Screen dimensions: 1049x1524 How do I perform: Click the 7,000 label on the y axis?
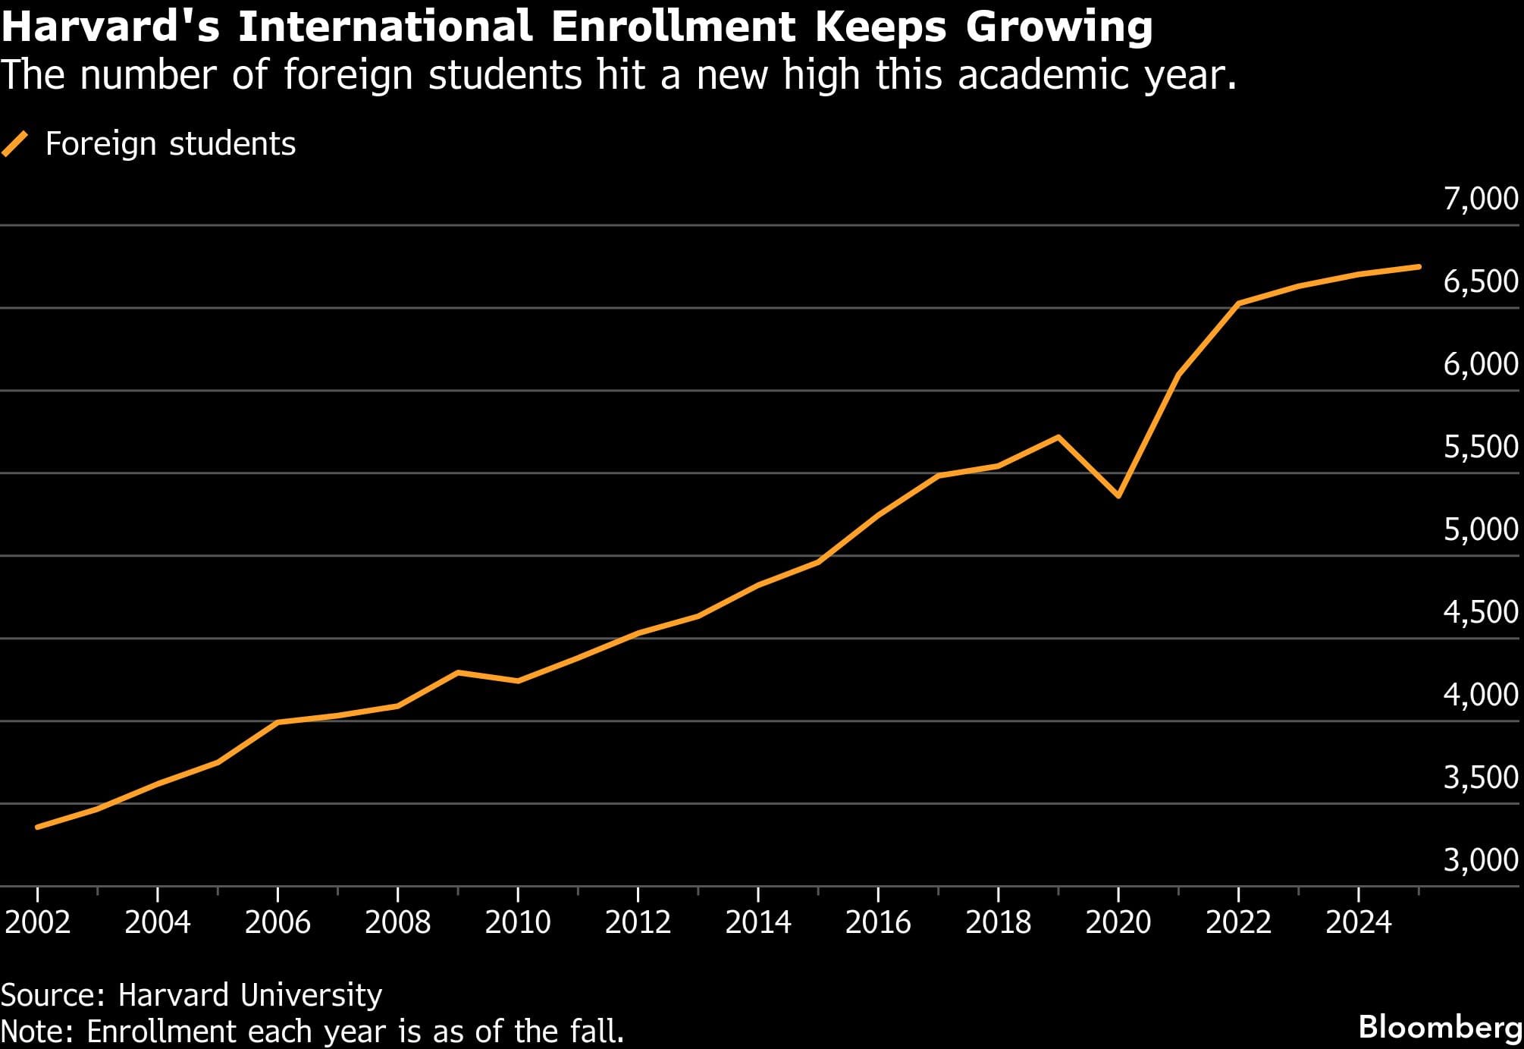(x=1481, y=199)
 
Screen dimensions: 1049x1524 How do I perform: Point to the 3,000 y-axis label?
(x=1481, y=860)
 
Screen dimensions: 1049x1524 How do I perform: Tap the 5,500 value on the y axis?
(x=1481, y=447)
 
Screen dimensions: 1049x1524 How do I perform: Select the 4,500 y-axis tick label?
(x=1481, y=612)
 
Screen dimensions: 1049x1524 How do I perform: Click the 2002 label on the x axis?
(x=37, y=922)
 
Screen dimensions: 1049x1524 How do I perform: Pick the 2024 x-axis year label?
(x=1358, y=922)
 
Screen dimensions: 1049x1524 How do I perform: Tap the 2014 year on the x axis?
(x=757, y=922)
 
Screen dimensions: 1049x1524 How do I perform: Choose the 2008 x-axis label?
(x=397, y=922)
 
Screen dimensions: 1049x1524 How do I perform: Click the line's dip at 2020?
(x=1118, y=496)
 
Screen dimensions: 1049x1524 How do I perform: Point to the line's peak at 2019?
(x=1058, y=437)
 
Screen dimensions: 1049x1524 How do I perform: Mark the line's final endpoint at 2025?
(x=1418, y=267)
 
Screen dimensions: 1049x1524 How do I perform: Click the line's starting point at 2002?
(x=38, y=827)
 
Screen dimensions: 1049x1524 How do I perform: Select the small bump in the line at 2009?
(x=458, y=672)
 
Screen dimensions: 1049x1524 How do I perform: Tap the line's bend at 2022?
(x=1238, y=303)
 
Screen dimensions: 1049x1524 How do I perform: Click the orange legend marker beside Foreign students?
(x=15, y=143)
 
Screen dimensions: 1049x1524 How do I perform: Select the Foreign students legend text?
(x=171, y=143)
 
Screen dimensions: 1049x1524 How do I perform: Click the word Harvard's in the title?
(x=111, y=27)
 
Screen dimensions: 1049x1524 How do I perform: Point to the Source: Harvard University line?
(x=191, y=994)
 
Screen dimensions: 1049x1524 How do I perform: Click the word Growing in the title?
(x=1058, y=27)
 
